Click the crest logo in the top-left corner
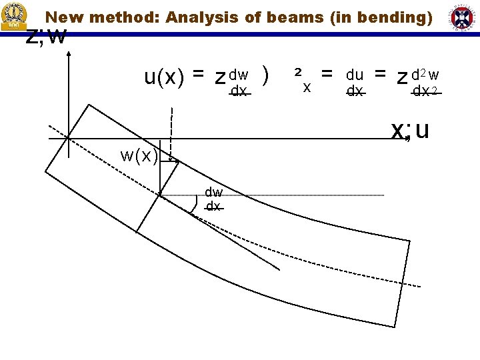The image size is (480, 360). (x=14, y=16)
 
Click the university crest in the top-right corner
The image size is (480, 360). (x=462, y=16)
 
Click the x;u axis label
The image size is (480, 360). (x=410, y=130)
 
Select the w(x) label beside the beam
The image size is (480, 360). (x=139, y=156)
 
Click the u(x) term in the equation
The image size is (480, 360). (x=165, y=78)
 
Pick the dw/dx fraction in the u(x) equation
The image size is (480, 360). (x=239, y=83)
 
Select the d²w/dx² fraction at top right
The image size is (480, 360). (x=425, y=83)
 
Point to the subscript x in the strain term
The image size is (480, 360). (x=307, y=87)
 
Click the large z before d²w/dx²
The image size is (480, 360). (x=402, y=79)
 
